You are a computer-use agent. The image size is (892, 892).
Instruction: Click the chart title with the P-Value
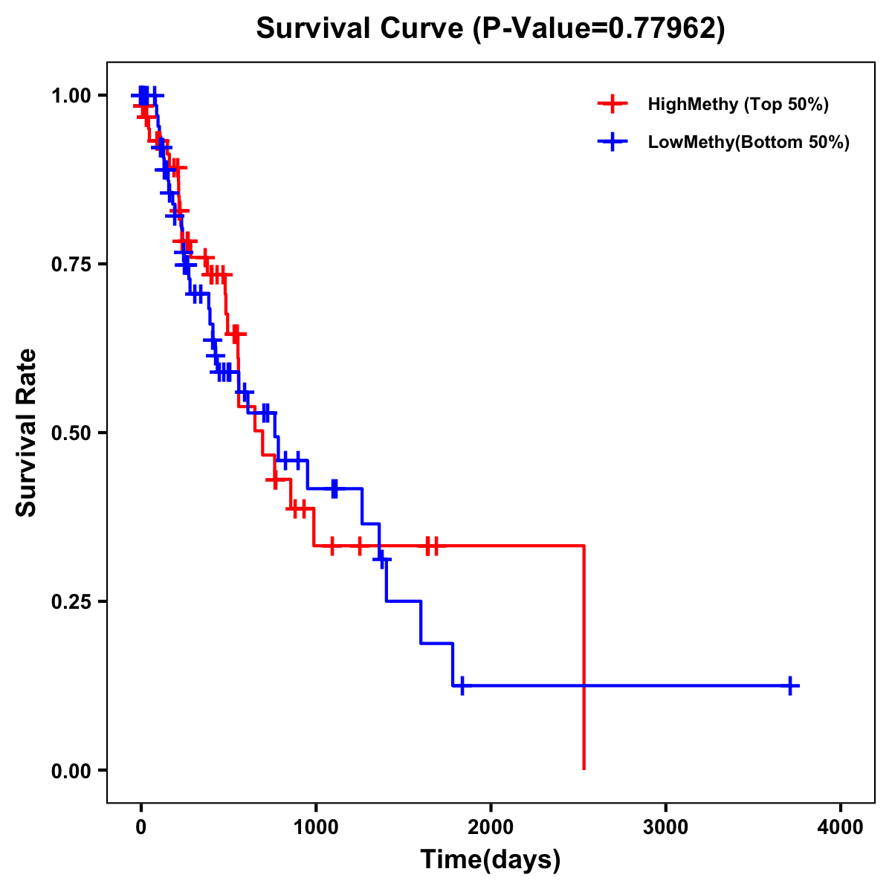(491, 29)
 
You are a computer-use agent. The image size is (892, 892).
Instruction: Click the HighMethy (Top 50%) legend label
(737, 104)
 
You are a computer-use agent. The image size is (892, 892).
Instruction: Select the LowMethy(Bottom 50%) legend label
(749, 142)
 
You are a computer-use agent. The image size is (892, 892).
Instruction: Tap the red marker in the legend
(611, 104)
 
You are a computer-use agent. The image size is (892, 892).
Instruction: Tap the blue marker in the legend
(611, 142)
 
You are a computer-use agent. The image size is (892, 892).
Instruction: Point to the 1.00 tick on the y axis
(71, 96)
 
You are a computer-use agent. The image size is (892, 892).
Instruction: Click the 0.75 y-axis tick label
(71, 265)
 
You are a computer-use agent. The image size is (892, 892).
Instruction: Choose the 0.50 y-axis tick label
(71, 433)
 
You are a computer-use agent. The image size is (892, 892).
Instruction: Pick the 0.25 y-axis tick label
(71, 602)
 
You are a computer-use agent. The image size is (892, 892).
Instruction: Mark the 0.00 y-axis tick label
(71, 771)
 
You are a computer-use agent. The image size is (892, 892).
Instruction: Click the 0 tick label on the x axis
(140, 827)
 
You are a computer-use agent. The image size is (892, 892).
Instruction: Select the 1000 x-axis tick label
(315, 827)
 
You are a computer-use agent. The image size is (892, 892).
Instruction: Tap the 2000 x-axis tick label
(491, 827)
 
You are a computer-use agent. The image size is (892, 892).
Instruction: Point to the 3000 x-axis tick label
(665, 827)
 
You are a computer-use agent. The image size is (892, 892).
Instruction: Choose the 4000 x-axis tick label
(841, 827)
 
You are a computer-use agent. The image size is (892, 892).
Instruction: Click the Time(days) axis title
(491, 860)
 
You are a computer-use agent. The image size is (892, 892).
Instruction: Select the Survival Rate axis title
(27, 433)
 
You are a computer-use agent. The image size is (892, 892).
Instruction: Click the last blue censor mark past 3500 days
(791, 686)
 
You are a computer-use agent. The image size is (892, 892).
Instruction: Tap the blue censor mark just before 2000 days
(462, 686)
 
